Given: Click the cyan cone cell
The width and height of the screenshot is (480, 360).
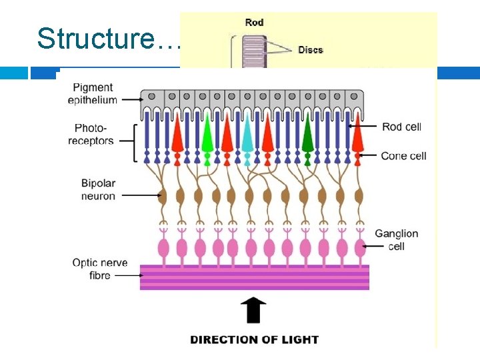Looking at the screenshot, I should (x=247, y=137).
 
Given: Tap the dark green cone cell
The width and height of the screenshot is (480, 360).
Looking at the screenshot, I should (x=307, y=137).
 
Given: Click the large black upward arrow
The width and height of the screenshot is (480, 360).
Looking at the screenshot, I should (x=253, y=311).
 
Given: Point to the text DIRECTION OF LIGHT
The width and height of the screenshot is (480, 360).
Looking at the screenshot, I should (x=254, y=339).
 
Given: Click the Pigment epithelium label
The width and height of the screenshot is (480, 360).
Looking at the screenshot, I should (x=93, y=94).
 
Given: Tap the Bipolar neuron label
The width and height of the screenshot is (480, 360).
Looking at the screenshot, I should (x=98, y=189).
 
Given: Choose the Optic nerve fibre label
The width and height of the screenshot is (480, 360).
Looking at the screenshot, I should (x=100, y=269).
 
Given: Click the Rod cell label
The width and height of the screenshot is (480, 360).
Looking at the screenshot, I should (x=401, y=127).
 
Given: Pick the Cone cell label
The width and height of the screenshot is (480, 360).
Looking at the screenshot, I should (x=403, y=156).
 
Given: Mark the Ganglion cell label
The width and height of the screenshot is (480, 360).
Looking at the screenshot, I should (x=396, y=240).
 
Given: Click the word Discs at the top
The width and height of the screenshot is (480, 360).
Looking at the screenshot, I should (x=311, y=50).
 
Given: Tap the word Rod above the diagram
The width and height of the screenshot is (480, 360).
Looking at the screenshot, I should (x=254, y=22).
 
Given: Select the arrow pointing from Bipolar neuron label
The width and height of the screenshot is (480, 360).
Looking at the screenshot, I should (x=141, y=195).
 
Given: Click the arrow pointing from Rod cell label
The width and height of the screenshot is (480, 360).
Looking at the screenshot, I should (x=364, y=126).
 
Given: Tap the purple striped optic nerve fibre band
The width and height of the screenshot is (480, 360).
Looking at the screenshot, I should (x=254, y=277).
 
